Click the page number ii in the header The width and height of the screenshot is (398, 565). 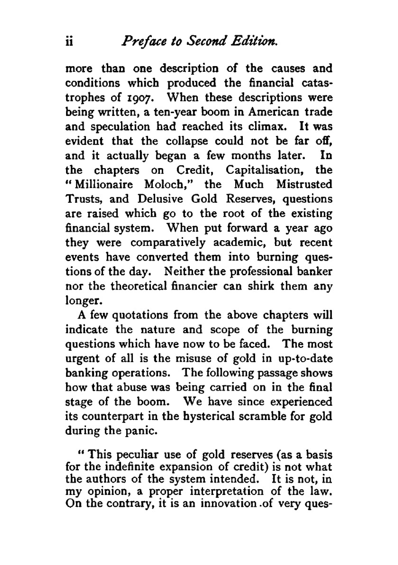(69, 42)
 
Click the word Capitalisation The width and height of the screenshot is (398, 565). (265, 170)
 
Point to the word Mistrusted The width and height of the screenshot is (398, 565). (304, 184)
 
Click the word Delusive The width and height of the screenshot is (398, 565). (160, 199)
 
